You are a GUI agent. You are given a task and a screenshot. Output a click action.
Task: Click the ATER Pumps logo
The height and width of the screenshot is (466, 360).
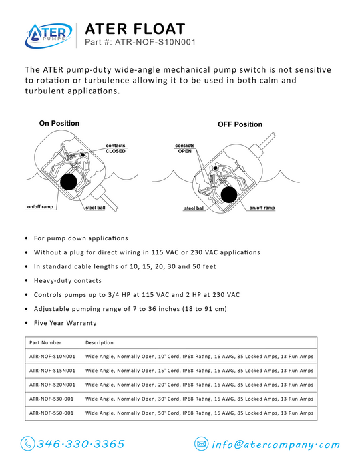(48, 35)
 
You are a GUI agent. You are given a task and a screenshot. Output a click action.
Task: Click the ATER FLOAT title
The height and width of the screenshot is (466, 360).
(135, 29)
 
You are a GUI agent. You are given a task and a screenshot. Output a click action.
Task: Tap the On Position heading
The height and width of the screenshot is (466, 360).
(59, 123)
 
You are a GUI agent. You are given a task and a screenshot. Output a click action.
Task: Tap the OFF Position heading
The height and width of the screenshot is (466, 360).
(240, 124)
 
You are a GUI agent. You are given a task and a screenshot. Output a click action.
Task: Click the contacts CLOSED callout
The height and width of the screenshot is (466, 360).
(116, 148)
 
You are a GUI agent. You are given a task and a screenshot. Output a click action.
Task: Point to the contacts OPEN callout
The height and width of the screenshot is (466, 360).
(184, 148)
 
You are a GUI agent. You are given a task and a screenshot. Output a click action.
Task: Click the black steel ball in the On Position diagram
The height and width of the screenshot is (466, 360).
(69, 181)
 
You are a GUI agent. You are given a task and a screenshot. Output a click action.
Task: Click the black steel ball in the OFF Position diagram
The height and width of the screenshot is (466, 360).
(229, 194)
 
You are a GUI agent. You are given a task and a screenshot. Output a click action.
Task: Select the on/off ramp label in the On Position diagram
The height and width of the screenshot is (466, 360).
(40, 206)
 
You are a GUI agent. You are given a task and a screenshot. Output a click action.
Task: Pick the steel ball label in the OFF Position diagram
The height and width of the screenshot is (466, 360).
(194, 208)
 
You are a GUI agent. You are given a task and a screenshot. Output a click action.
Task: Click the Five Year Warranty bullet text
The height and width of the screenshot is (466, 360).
(65, 323)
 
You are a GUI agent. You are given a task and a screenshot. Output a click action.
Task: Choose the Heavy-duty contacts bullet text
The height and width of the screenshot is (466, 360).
(68, 280)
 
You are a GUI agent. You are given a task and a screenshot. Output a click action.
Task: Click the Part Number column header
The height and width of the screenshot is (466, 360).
(45, 342)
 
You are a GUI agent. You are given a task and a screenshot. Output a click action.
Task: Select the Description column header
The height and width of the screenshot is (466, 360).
(99, 342)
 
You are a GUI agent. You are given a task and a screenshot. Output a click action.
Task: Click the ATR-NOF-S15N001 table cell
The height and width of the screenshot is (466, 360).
(52, 371)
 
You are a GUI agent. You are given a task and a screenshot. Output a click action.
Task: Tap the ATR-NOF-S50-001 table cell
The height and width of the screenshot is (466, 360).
(51, 413)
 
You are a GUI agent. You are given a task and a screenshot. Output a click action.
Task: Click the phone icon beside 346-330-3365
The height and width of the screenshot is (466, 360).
(28, 444)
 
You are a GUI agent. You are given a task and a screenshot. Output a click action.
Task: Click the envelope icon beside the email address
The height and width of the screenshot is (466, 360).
(202, 444)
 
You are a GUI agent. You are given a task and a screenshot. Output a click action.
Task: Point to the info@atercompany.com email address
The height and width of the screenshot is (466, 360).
(275, 445)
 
